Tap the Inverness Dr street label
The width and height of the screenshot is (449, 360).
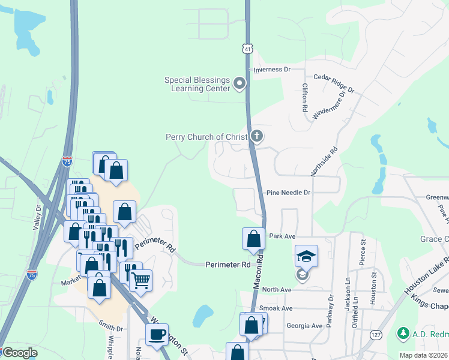[x=272, y=70]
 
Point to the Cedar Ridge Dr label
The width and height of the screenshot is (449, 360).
[x=334, y=85]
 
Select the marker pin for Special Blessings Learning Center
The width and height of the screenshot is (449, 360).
[x=240, y=83]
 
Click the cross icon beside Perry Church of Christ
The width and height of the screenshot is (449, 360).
[x=257, y=136]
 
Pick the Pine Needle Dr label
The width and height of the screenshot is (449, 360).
[x=289, y=193]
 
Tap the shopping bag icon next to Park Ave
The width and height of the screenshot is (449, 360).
[x=253, y=238]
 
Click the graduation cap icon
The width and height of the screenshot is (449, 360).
[x=306, y=256]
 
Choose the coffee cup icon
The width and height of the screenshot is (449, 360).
[x=158, y=334]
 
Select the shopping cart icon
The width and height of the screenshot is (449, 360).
[x=140, y=280]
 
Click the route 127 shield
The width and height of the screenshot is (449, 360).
[x=376, y=334]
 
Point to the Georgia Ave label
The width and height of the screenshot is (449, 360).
[x=305, y=326]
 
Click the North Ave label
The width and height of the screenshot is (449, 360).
[x=276, y=289]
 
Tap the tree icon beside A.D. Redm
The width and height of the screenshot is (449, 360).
[x=403, y=332]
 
